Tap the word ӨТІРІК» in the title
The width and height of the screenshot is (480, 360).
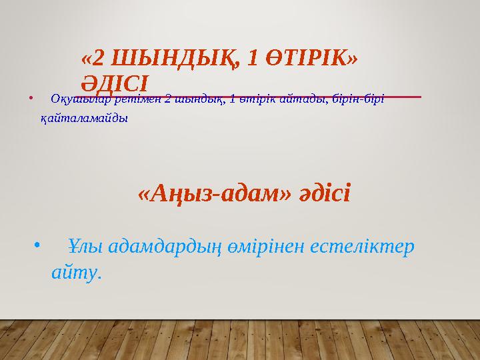pyautogui.click(x=311, y=61)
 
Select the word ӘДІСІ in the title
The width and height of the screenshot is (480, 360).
pyautogui.click(x=114, y=83)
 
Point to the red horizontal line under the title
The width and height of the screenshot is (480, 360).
pyautogui.click(x=287, y=97)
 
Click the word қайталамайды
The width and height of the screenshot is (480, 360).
pyautogui.click(x=85, y=118)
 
